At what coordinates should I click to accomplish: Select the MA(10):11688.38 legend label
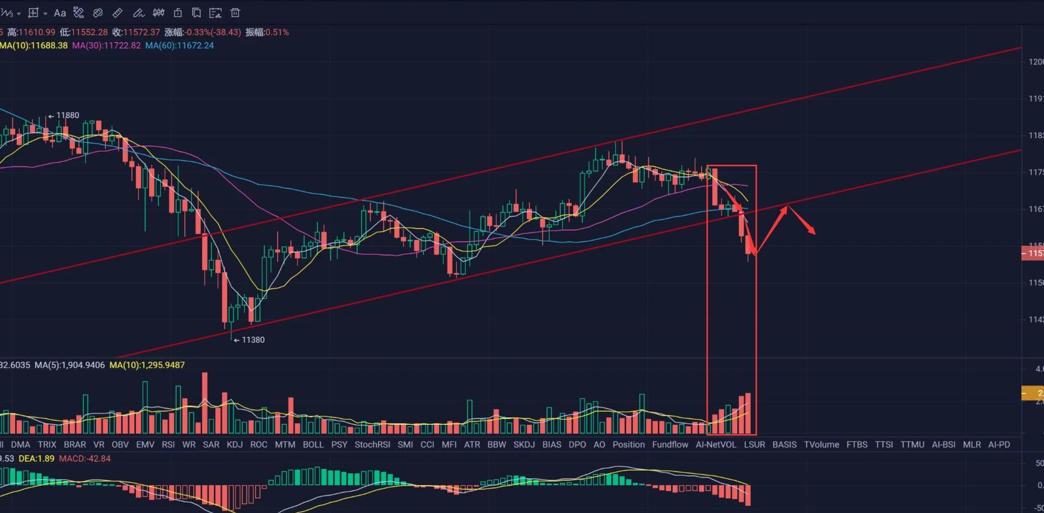(34, 46)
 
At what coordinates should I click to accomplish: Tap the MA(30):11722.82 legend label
(106, 46)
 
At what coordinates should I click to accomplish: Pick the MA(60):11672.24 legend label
(179, 46)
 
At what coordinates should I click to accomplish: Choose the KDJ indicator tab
(234, 444)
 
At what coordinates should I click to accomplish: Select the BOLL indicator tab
(313, 444)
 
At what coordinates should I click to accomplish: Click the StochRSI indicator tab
(372, 444)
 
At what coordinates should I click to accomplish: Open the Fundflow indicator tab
(670, 444)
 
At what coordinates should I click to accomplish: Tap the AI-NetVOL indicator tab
(716, 444)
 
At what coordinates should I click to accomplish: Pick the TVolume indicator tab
(821, 444)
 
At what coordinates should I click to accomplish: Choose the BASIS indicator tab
(784, 444)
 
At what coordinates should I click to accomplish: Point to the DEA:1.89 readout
(36, 459)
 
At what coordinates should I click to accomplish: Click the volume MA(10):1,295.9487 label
(147, 365)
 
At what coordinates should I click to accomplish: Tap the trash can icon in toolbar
(235, 13)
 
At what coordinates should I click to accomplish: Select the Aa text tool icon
(60, 13)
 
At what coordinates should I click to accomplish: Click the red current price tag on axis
(1033, 253)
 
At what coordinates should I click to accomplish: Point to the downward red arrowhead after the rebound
(812, 232)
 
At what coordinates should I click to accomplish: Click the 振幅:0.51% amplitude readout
(267, 32)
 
